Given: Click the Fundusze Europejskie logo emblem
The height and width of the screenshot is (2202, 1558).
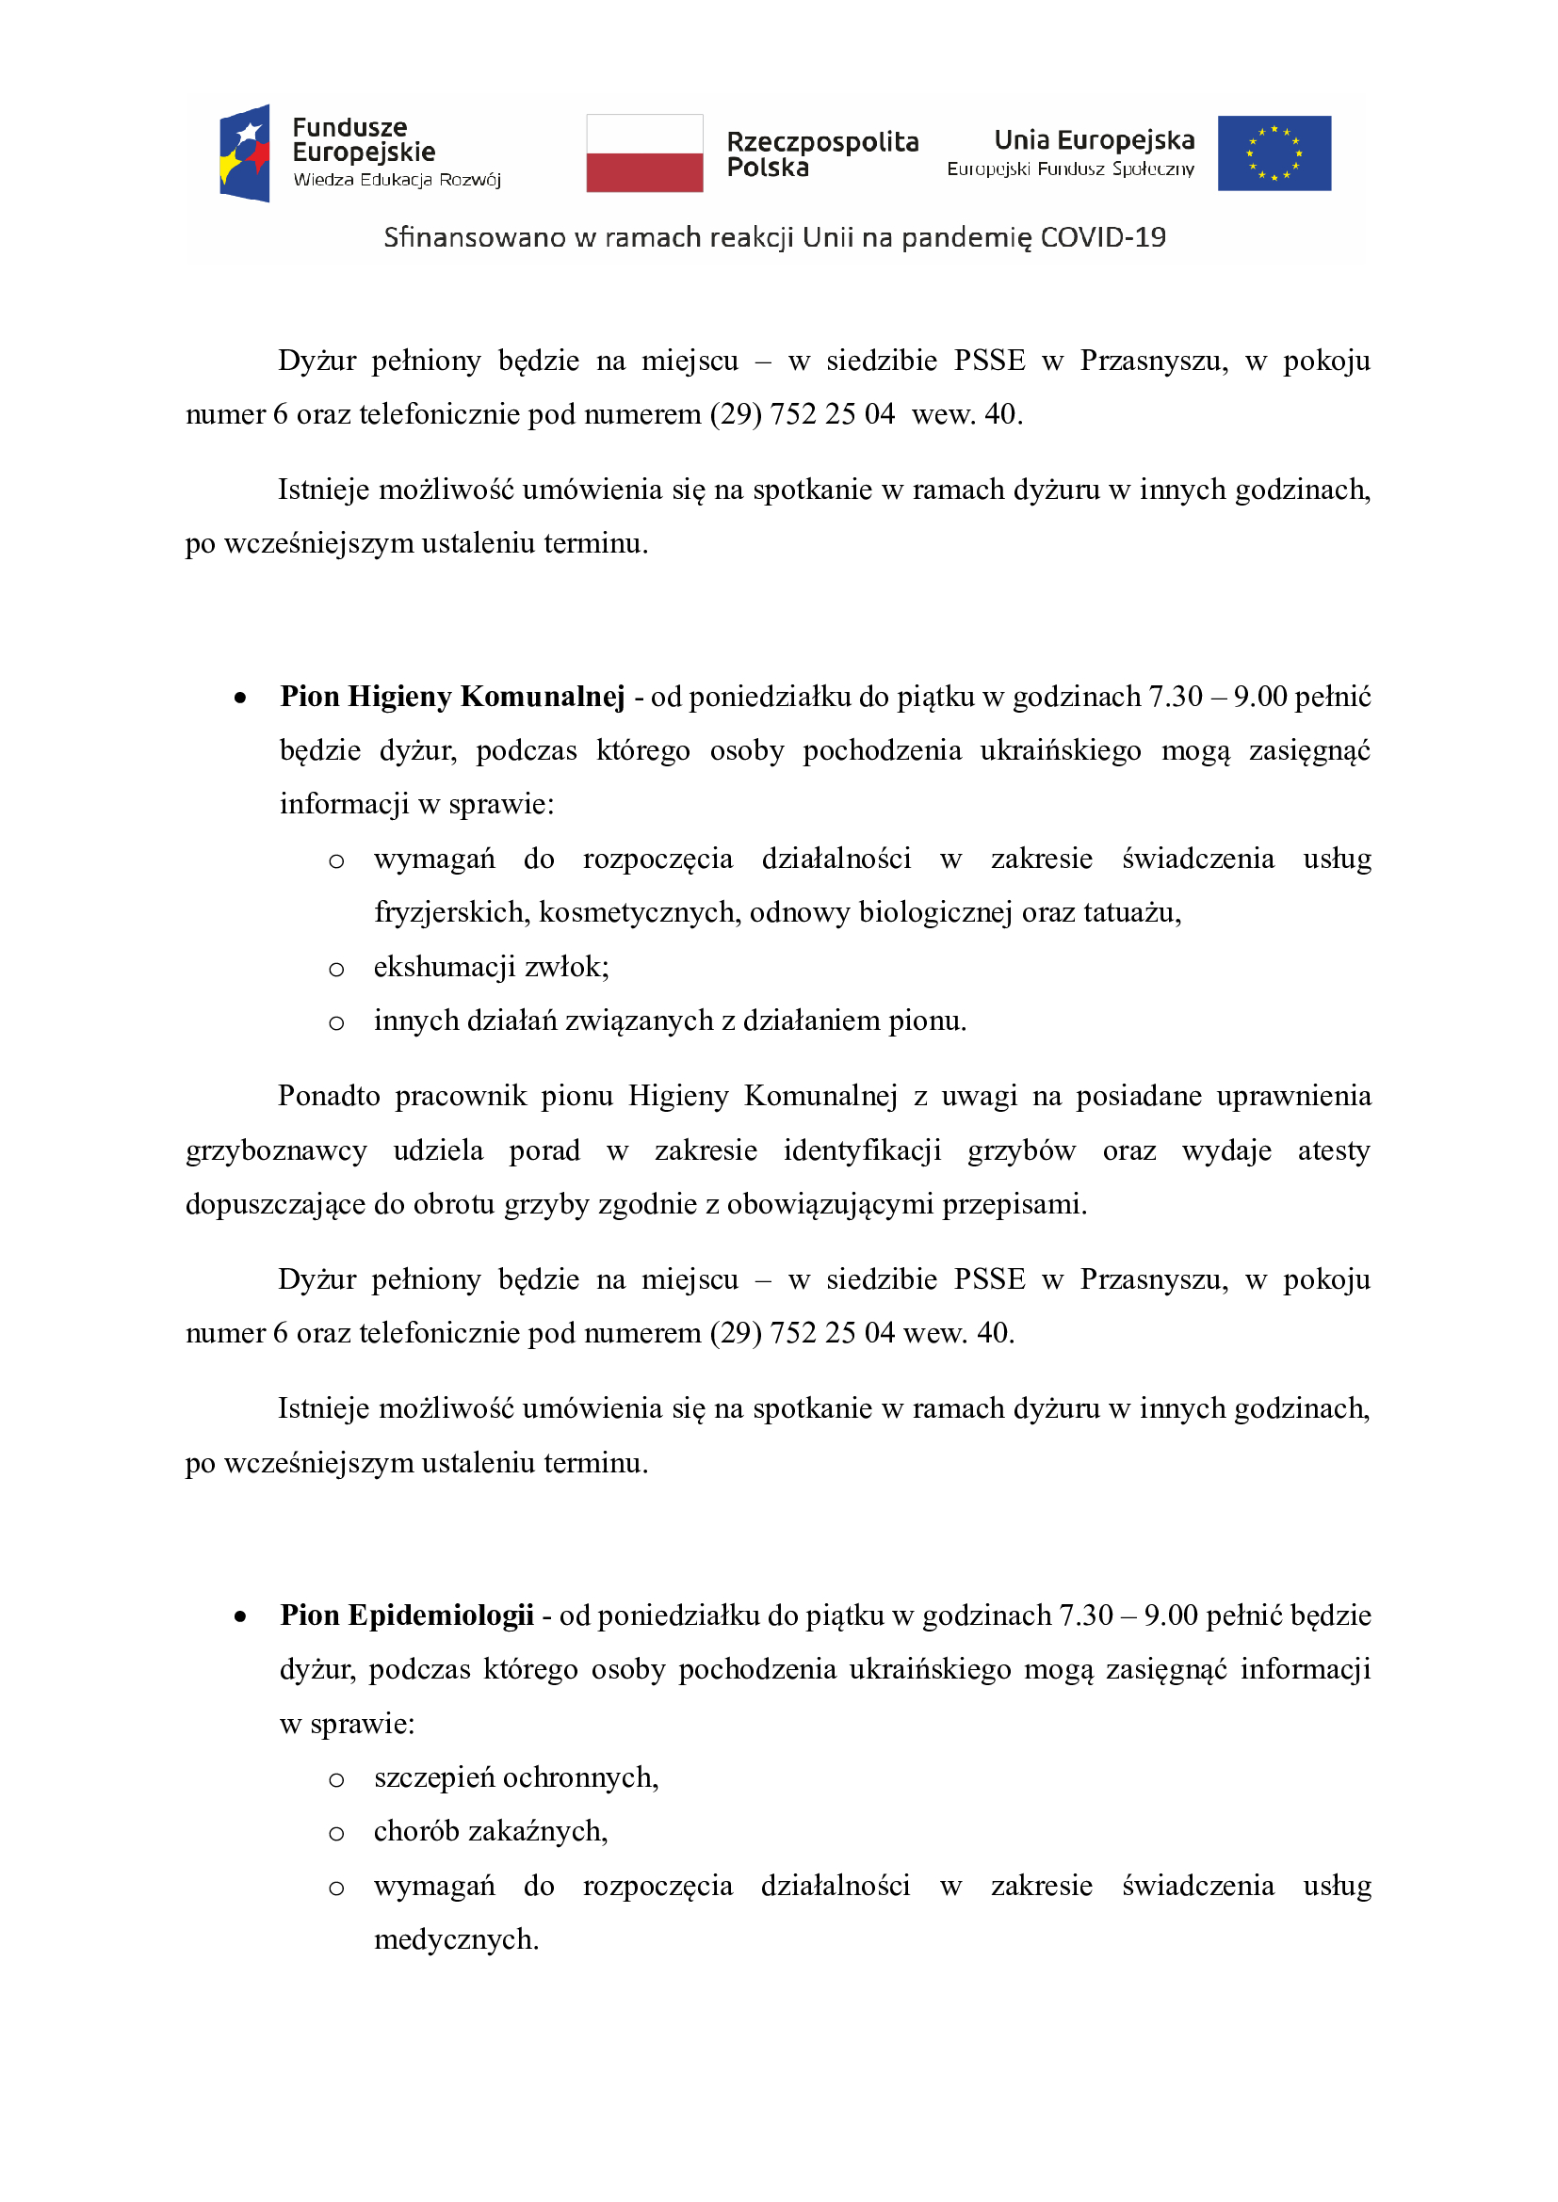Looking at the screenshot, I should click(x=245, y=153).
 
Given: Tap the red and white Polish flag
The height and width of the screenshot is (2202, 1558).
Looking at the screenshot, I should click(x=644, y=153).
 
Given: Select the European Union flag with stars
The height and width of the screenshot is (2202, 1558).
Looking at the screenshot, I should click(x=1274, y=153).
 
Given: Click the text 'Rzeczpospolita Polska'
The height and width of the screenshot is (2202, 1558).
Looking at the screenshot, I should click(x=821, y=154).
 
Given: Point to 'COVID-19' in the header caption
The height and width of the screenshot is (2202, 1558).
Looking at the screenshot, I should click(x=1102, y=237).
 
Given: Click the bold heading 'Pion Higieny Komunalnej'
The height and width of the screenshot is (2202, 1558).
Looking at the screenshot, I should click(x=452, y=697).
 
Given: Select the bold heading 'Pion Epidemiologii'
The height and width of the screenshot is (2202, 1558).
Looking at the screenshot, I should click(x=407, y=1615).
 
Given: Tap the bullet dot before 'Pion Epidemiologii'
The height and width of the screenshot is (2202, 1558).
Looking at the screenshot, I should click(x=240, y=1617).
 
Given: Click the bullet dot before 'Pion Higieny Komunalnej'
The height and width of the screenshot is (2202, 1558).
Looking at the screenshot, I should click(x=240, y=699).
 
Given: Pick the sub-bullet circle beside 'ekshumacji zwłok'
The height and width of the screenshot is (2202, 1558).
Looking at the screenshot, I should click(x=335, y=970).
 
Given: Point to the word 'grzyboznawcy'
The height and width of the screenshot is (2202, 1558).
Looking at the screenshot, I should click(x=276, y=1149).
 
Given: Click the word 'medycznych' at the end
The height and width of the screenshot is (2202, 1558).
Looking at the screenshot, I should click(x=456, y=1939).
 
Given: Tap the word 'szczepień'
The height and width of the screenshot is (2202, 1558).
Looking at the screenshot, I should click(x=433, y=1777).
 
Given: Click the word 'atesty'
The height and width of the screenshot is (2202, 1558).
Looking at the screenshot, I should click(x=1334, y=1149).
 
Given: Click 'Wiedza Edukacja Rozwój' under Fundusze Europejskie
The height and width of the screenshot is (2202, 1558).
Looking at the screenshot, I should click(x=397, y=181).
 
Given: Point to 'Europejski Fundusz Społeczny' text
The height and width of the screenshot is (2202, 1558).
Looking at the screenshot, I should click(x=1071, y=169).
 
